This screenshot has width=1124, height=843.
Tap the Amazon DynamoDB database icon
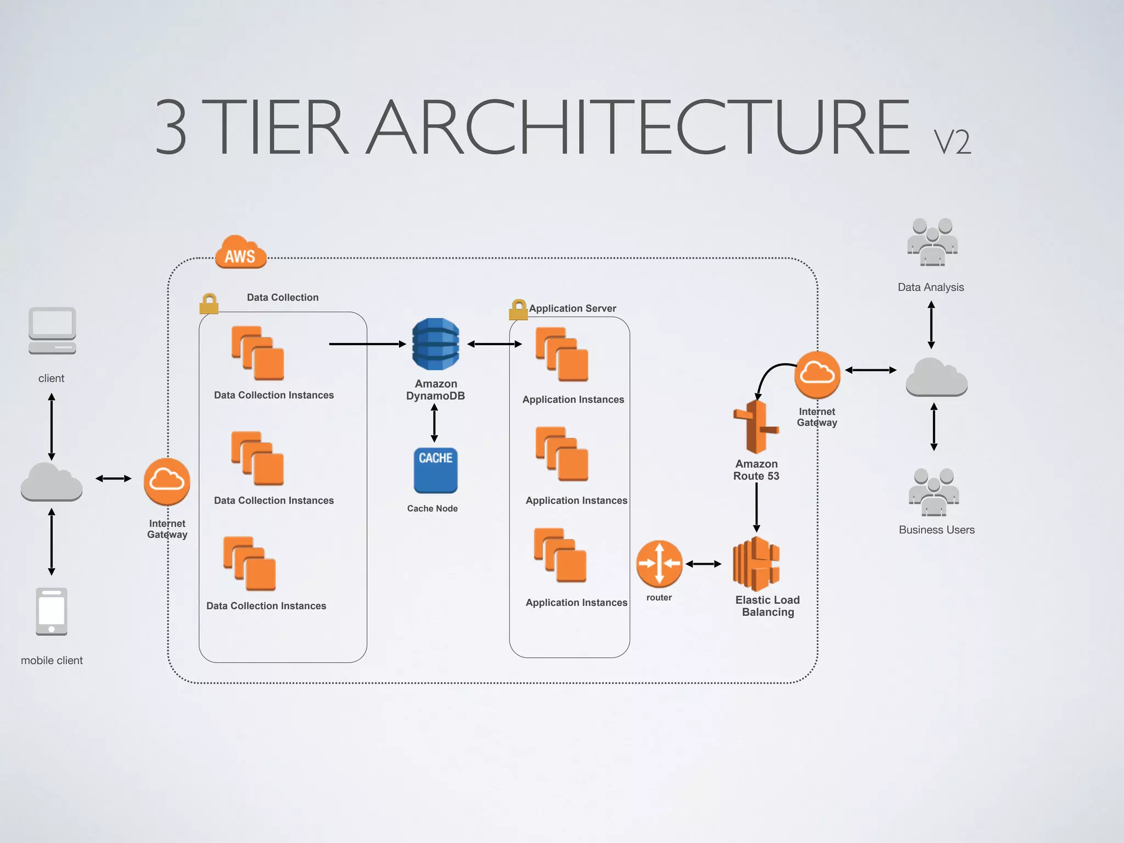435,344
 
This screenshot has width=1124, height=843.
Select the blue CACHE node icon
435,470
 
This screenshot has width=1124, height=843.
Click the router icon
659,564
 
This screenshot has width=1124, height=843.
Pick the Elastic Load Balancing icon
756,564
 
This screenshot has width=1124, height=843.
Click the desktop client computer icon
52,330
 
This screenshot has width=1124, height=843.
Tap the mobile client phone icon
52,611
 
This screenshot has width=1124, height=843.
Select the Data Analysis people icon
932,242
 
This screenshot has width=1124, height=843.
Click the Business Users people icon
934,492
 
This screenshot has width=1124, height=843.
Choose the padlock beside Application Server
518,310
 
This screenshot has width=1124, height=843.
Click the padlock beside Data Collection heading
209,304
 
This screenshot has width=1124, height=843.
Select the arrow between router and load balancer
703,564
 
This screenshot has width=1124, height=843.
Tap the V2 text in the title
952,143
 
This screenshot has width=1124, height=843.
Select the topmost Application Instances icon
562,355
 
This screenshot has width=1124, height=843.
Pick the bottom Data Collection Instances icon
250,564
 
